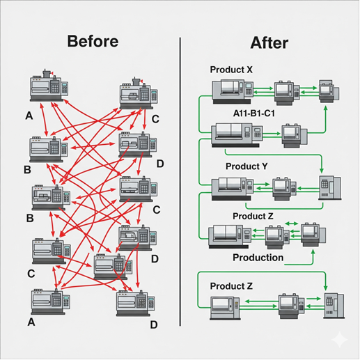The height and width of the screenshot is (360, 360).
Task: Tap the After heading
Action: click(269, 42)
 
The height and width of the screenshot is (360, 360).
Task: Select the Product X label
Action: click(231, 70)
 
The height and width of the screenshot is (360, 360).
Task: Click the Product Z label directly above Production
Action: click(253, 217)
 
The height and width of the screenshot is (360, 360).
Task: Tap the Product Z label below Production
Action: click(231, 286)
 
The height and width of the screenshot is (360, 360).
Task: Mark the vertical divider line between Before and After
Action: click(180, 181)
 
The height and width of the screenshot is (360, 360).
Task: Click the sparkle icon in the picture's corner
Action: click(339, 339)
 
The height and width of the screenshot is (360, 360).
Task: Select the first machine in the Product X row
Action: click(232, 89)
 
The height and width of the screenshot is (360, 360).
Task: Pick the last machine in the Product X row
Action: click(328, 90)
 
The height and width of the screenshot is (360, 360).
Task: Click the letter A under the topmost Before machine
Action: click(29, 116)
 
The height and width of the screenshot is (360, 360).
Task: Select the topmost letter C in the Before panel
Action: click(155, 119)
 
